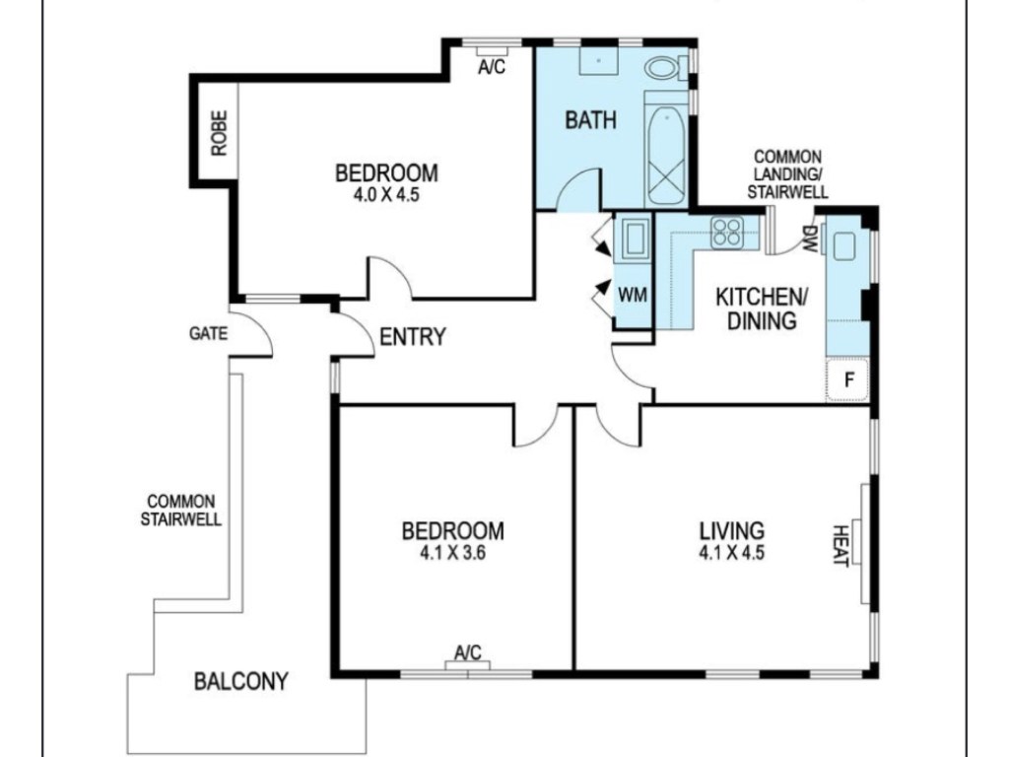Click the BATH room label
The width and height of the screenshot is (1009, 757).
590,120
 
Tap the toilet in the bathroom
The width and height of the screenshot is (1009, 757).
662,68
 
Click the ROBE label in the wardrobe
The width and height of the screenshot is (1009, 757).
219,133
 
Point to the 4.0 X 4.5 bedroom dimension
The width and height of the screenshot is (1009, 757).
386,194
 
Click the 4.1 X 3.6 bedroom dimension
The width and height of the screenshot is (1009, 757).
453,552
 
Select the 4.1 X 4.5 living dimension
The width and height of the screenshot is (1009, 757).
732,552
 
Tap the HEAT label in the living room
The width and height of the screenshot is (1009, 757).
841,544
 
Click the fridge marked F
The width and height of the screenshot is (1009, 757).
848,380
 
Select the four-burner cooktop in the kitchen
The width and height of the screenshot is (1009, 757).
727,232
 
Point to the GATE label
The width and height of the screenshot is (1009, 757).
208,333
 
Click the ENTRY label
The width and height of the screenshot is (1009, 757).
413,337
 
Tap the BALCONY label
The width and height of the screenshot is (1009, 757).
241,681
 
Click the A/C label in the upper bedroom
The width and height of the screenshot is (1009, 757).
492,66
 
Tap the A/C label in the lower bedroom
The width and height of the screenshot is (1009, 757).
468,653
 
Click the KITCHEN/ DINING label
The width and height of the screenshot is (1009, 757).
762,309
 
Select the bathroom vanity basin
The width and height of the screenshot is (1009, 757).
598,61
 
